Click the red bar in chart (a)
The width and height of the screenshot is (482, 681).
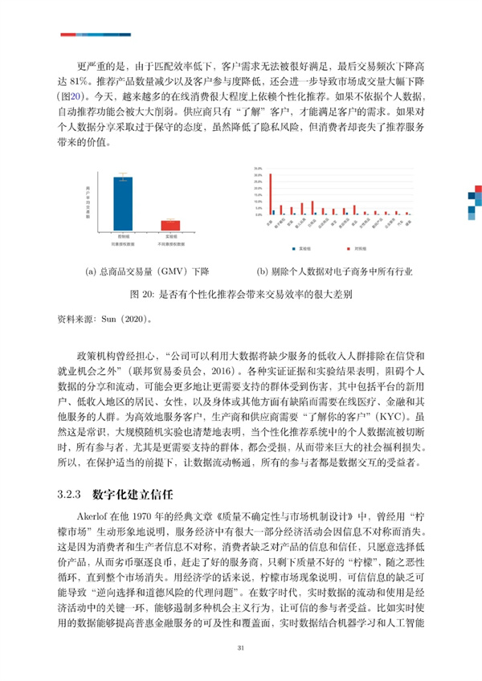tap(170, 226)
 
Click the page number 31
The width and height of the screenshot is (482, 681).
tap(240, 649)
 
